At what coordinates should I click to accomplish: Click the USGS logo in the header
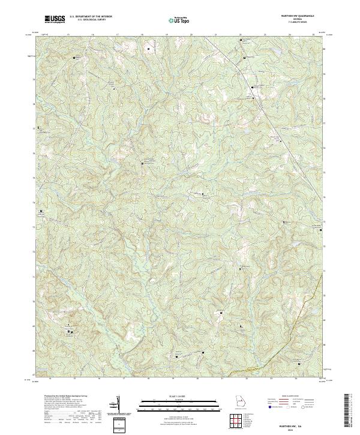click(x=55, y=19)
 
